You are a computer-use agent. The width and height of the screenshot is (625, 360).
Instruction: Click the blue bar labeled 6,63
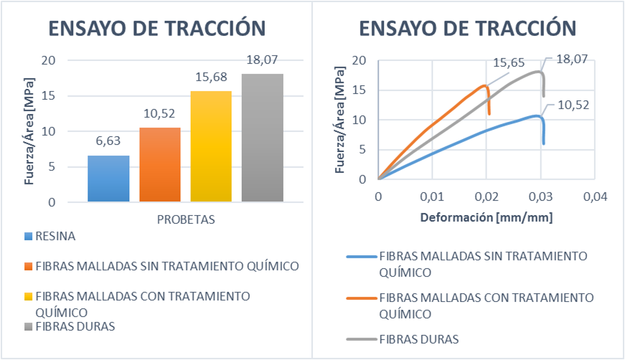[108, 179]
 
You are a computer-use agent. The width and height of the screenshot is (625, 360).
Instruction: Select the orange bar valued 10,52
[159, 165]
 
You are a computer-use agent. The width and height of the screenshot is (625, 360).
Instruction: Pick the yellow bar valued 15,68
[211, 146]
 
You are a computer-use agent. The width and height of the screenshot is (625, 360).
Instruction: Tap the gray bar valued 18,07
[263, 138]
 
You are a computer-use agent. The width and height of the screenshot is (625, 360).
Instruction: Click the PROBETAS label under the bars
[186, 219]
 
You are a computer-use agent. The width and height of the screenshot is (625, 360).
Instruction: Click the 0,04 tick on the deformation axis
[595, 196]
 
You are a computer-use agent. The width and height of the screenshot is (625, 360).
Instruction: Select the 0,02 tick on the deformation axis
[487, 196]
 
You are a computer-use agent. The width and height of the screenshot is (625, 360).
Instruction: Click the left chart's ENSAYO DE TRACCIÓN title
[156, 28]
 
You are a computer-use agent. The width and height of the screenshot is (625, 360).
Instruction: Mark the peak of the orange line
[487, 85]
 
